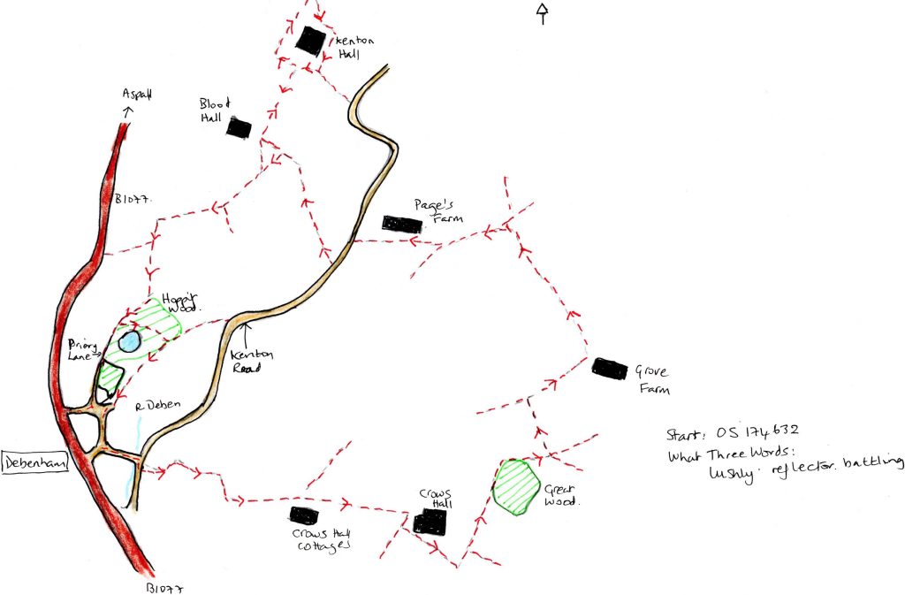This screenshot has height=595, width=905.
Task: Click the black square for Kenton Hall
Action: tap(310, 40)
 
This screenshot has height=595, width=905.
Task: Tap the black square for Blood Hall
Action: tap(238, 127)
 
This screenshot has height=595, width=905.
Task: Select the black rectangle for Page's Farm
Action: tap(400, 223)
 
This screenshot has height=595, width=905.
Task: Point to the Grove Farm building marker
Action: tap(610, 368)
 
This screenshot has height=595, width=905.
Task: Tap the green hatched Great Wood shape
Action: tap(517, 485)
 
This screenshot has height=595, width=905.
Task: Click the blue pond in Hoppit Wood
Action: tap(129, 342)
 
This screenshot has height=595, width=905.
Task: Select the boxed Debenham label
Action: tap(34, 462)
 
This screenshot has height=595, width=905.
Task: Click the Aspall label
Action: tap(138, 94)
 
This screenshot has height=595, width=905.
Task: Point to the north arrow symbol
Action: tap(543, 11)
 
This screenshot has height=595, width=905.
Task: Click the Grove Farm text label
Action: tap(650, 381)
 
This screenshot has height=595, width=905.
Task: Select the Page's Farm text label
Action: tap(437, 210)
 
